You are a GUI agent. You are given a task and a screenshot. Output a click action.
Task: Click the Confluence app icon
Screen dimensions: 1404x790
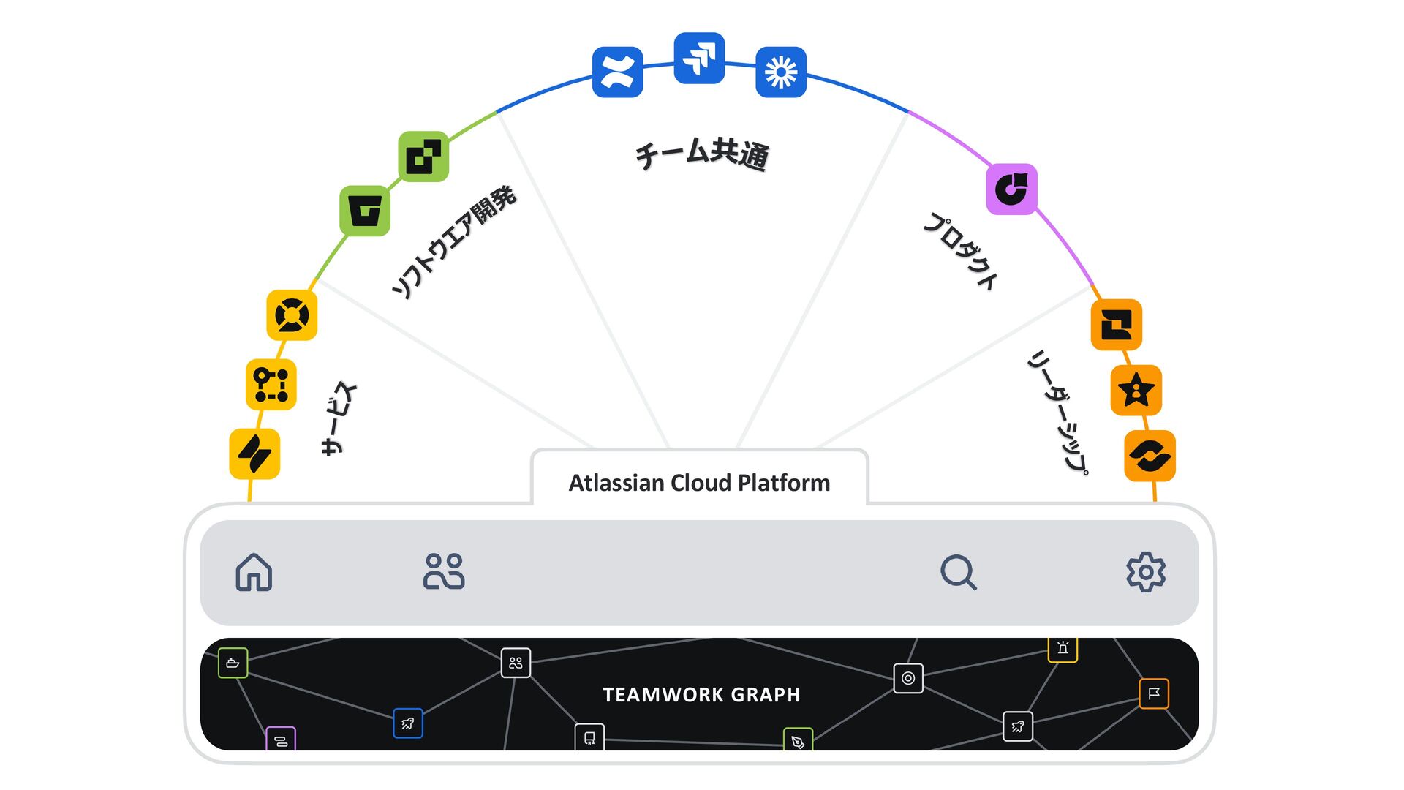click(618, 72)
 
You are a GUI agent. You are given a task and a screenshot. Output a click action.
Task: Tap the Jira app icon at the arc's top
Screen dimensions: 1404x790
click(699, 58)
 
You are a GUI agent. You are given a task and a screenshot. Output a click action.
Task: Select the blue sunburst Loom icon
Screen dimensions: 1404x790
click(781, 72)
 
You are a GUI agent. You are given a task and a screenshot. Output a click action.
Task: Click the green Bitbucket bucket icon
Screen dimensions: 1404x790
click(365, 211)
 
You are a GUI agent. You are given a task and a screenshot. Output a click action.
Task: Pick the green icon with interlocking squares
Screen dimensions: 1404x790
click(423, 157)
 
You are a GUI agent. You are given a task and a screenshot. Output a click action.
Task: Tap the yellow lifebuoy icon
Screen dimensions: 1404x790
click(292, 315)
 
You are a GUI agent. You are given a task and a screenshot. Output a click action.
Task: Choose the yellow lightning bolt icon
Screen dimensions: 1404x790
click(254, 454)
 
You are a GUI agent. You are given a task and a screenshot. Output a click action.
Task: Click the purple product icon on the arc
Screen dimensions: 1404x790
click(1012, 189)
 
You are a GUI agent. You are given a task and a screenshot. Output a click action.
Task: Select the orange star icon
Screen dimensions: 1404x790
click(1136, 391)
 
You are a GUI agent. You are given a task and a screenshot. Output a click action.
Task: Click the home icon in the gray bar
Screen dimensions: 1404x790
click(254, 572)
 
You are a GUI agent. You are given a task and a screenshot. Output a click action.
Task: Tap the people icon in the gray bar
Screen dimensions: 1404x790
click(444, 572)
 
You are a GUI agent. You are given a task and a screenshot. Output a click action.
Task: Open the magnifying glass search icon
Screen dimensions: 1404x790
click(958, 572)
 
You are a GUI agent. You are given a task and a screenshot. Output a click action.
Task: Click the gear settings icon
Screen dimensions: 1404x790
click(1146, 572)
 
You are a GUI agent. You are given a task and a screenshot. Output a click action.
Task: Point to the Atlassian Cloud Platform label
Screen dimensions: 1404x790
click(699, 483)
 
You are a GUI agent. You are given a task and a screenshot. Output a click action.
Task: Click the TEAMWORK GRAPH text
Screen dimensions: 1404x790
click(701, 694)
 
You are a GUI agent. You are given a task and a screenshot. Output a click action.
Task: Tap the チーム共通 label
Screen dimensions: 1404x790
click(701, 154)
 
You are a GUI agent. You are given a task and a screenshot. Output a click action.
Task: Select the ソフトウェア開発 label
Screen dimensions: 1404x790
click(453, 242)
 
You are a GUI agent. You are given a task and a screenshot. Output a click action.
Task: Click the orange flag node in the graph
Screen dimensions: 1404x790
click(1154, 693)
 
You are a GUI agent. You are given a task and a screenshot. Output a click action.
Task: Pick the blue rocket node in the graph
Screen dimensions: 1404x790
click(408, 723)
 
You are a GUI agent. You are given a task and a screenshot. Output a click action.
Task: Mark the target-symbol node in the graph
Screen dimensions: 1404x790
click(908, 678)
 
